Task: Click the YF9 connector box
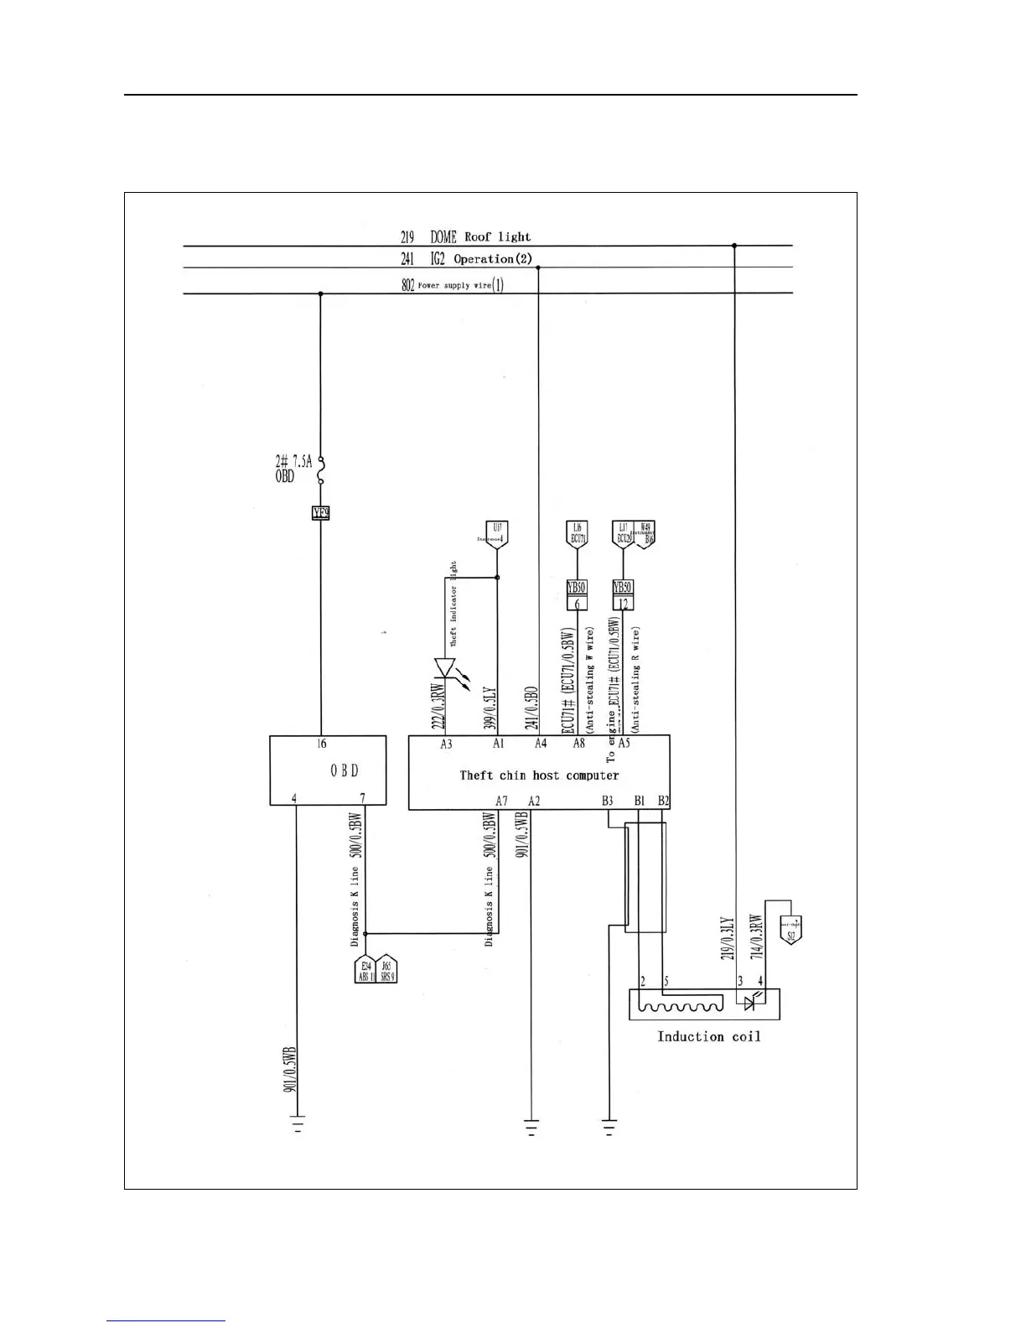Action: [320, 512]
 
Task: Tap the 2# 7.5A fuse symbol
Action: [321, 470]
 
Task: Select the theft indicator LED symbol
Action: [444, 668]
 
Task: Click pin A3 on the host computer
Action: [446, 744]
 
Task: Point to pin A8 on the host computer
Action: [578, 744]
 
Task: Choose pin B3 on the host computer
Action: [607, 801]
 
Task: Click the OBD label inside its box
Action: [345, 770]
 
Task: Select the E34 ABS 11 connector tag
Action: [365, 971]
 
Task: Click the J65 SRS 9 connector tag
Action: [386, 971]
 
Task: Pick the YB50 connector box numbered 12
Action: [622, 595]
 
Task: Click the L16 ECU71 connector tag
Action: [577, 534]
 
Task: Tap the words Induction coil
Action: [708, 1037]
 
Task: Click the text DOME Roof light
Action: [480, 237]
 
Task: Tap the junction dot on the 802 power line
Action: [321, 293]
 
